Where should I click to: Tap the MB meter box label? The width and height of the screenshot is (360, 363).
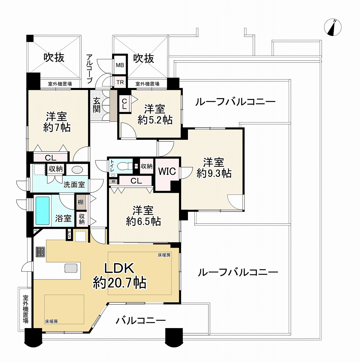[x=120, y=65]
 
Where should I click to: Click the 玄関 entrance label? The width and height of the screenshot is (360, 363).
[x=97, y=105]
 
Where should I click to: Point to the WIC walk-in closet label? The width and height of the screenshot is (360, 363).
[x=167, y=171]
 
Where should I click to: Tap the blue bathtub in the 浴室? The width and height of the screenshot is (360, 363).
[x=43, y=211]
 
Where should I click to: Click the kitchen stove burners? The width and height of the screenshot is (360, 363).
[x=40, y=252]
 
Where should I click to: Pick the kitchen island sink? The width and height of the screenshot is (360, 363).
[x=71, y=268]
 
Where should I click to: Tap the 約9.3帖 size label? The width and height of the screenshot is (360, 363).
[x=214, y=173]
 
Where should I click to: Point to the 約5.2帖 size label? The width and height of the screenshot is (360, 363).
[x=155, y=120]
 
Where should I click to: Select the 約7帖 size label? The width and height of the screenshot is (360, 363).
[x=57, y=128]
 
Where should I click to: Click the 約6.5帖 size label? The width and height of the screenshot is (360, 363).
[x=143, y=221]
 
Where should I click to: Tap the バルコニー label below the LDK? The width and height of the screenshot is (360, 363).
[x=141, y=321]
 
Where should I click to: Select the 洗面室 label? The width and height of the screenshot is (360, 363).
[x=74, y=185]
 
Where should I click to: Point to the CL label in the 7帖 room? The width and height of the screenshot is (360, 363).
[x=51, y=158]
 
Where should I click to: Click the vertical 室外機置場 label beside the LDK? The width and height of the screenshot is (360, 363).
[x=26, y=309]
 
